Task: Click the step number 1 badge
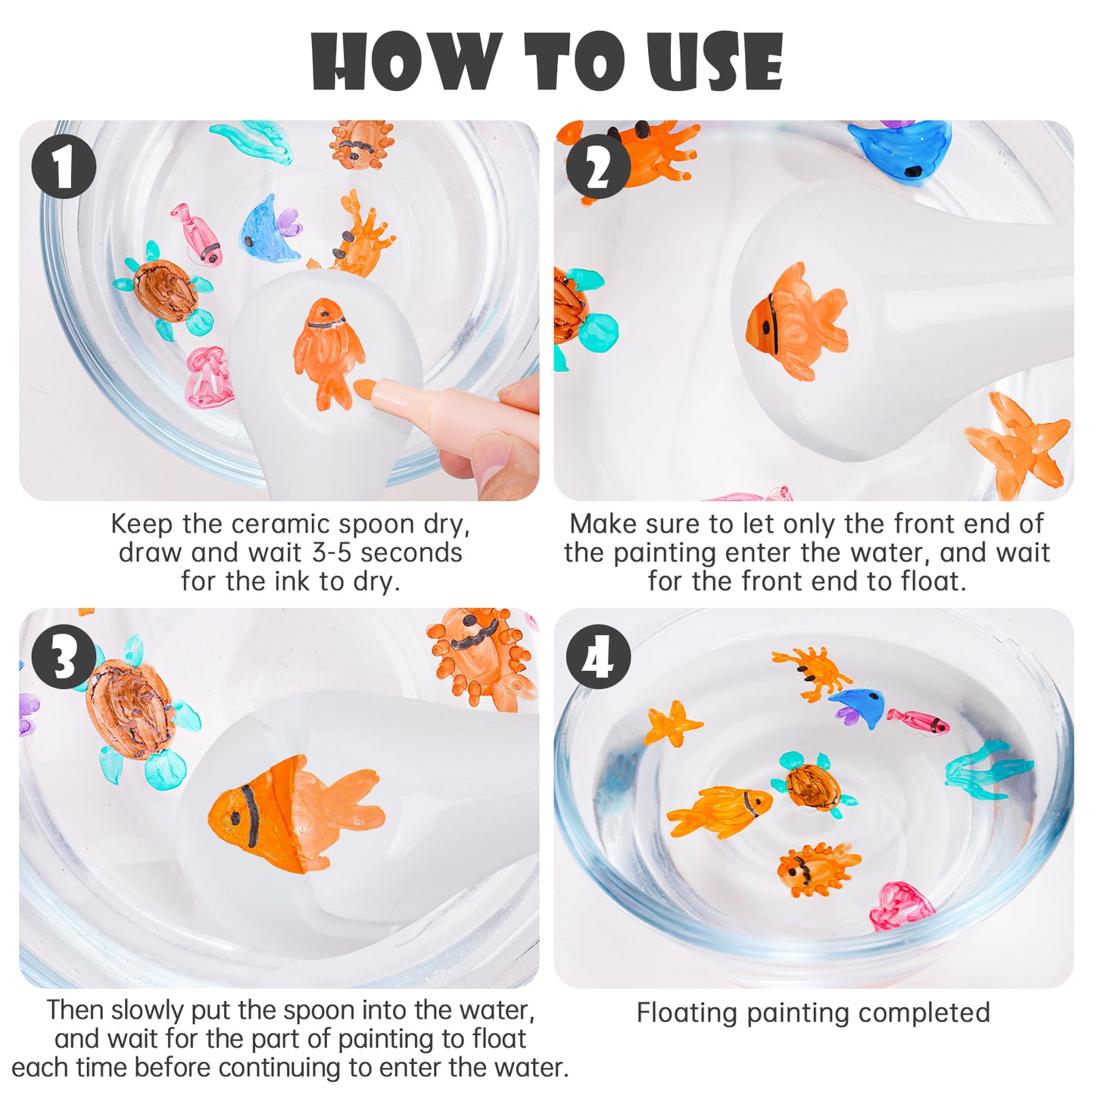pos(63,166)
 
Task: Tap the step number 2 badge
pos(598,166)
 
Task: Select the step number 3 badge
pos(63,656)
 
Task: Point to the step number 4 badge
pos(598,656)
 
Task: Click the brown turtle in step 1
pos(163,290)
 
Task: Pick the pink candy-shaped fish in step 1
pos(198,232)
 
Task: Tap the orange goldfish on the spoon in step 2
pos(796,320)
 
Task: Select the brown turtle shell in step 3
pos(130,709)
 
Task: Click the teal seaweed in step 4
pos(989,770)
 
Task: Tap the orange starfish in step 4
pos(673,723)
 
